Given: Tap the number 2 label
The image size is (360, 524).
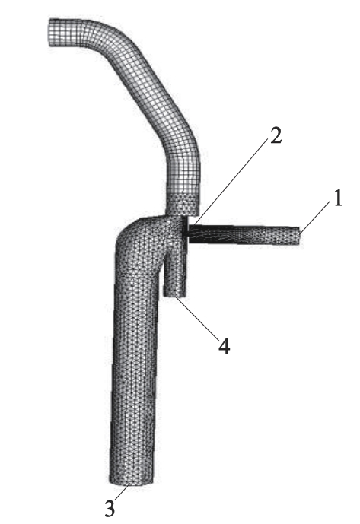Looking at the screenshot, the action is [x=276, y=135].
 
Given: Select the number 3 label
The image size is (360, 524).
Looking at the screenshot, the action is [x=110, y=508].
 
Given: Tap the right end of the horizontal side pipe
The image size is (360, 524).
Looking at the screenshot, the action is [x=300, y=237].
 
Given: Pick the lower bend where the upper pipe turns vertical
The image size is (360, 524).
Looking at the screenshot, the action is [x=183, y=157].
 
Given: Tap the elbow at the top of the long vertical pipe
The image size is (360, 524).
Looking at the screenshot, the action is [x=137, y=234].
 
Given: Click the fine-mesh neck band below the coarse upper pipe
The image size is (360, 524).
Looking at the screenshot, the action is [x=183, y=205].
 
